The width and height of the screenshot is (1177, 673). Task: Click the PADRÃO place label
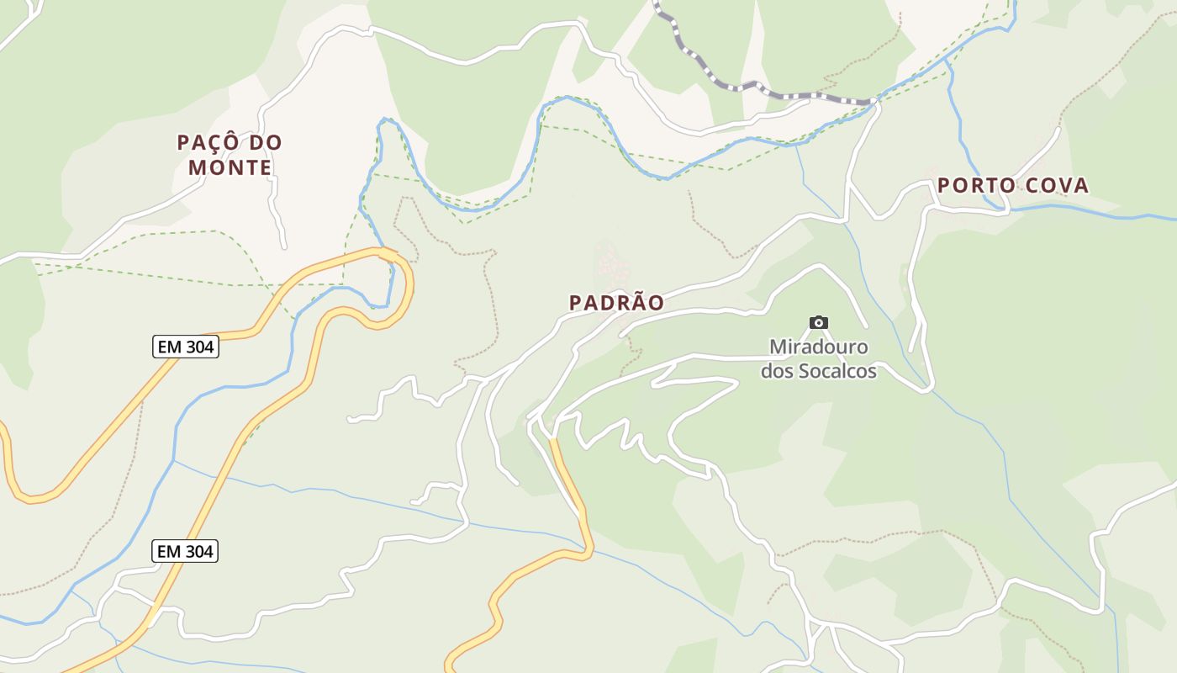pyautogui.click(x=616, y=303)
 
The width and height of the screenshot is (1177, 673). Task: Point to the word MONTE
pyautogui.click(x=230, y=167)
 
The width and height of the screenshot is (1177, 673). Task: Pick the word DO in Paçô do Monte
pyautogui.click(x=266, y=143)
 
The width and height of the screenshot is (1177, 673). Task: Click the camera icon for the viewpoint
pyautogui.click(x=818, y=322)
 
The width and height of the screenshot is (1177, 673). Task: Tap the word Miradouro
pyautogui.click(x=818, y=347)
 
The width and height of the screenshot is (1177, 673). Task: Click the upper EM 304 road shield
pyautogui.click(x=185, y=347)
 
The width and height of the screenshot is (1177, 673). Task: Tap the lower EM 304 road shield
pyautogui.click(x=185, y=552)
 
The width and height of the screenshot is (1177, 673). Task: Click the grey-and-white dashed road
pyautogui.click(x=740, y=86)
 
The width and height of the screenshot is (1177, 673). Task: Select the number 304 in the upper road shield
pyautogui.click(x=198, y=347)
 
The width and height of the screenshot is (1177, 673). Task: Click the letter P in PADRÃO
pyautogui.click(x=575, y=303)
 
